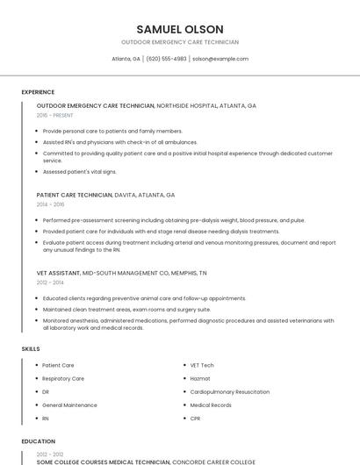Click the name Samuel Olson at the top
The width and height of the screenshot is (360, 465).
pyautogui.click(x=180, y=29)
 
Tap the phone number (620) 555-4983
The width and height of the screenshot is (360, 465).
pyautogui.click(x=166, y=59)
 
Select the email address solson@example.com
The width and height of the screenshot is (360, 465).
pyautogui.click(x=220, y=59)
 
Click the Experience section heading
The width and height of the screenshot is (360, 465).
pyautogui.click(x=38, y=92)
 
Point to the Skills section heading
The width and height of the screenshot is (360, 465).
pyautogui.click(x=31, y=349)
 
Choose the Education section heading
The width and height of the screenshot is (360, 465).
pyautogui.click(x=37, y=442)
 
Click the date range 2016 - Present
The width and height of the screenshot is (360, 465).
pyautogui.click(x=55, y=115)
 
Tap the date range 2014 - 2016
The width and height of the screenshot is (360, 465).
pyautogui.click(x=51, y=204)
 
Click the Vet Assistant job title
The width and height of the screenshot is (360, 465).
pyautogui.click(x=58, y=273)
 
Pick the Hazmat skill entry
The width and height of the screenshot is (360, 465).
pyautogui.click(x=200, y=378)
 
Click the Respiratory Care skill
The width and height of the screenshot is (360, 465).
pyautogui.click(x=63, y=378)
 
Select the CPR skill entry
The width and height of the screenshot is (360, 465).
pyautogui.click(x=195, y=418)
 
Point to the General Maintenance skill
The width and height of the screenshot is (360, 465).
pyautogui.click(x=69, y=405)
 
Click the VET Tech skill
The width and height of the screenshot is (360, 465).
pyautogui.click(x=202, y=365)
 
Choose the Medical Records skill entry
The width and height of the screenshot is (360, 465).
pyautogui.click(x=211, y=405)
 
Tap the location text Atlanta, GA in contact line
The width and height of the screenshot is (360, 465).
pyautogui.click(x=126, y=59)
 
